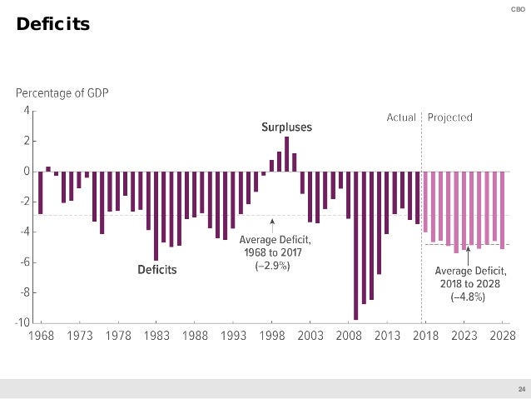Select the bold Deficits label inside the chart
pyautogui.click(x=156, y=269)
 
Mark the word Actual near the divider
pyautogui.click(x=402, y=117)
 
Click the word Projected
pyautogui.click(x=450, y=117)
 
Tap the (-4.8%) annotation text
pyautogui.click(x=468, y=297)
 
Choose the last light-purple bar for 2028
pyautogui.click(x=503, y=210)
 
